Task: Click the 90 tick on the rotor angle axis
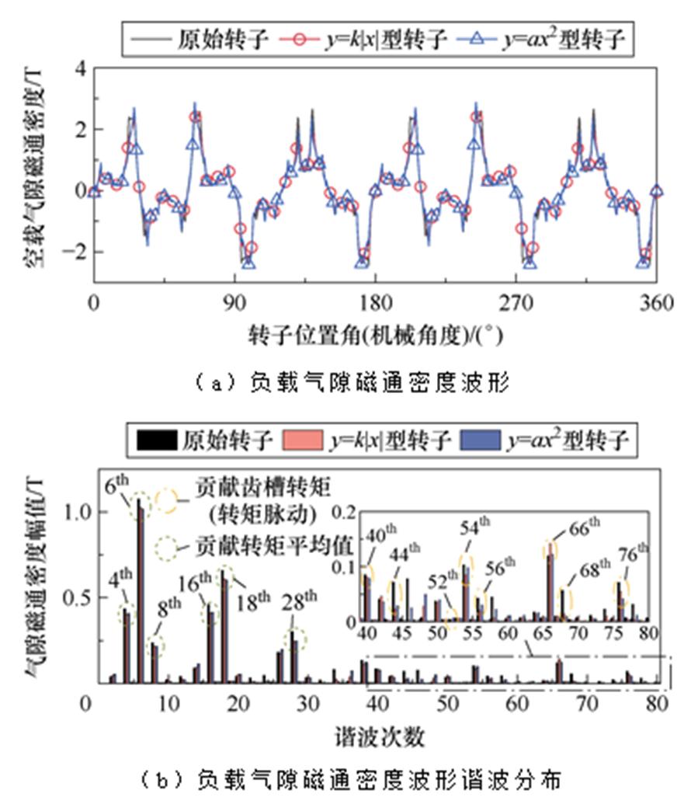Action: click(234, 302)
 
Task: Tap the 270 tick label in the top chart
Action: click(516, 302)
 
